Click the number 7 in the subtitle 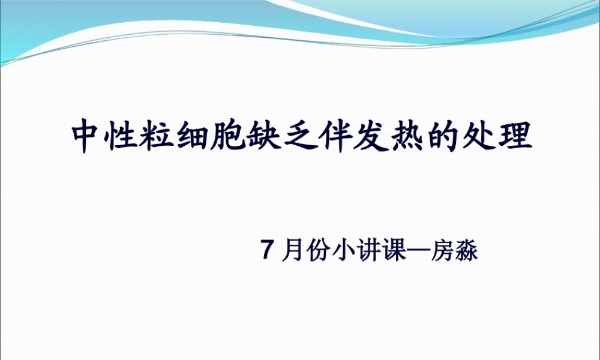[x=268, y=251]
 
